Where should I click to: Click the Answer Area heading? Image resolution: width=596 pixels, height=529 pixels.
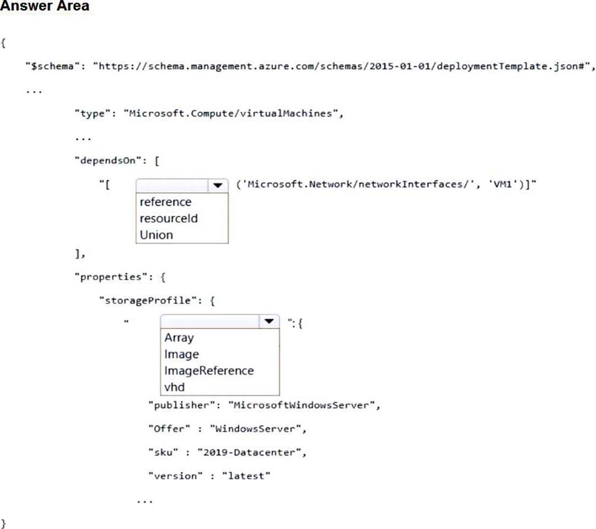coord(45,7)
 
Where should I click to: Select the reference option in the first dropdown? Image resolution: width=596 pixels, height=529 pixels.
coord(165,202)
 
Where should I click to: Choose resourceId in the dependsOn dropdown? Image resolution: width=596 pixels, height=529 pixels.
coord(168,218)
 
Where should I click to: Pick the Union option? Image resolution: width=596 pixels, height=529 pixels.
coord(156,235)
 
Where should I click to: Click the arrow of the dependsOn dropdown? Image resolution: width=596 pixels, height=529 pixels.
coord(217,185)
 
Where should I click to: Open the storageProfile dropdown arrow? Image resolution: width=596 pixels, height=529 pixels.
coord(269,322)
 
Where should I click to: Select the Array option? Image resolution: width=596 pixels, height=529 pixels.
coord(179,338)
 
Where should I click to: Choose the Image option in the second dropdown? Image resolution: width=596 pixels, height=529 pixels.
coord(181,354)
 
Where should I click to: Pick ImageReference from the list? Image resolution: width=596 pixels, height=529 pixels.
coord(209,371)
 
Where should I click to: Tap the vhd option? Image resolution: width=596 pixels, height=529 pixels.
coord(174,387)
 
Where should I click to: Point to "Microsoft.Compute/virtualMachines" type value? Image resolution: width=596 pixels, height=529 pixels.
coord(229,114)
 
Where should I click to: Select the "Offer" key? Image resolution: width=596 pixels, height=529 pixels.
coord(166,429)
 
